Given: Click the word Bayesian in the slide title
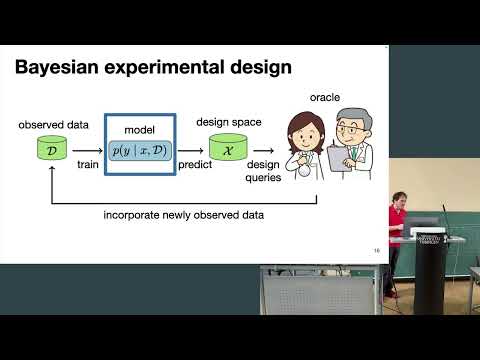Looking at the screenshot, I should point(60,70).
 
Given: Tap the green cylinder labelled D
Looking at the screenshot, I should point(53,151).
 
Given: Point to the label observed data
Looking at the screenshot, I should point(53,127).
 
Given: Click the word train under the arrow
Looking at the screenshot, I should point(87,164).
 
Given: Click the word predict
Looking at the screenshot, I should point(196,164).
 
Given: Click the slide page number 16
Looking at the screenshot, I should point(376,251).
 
